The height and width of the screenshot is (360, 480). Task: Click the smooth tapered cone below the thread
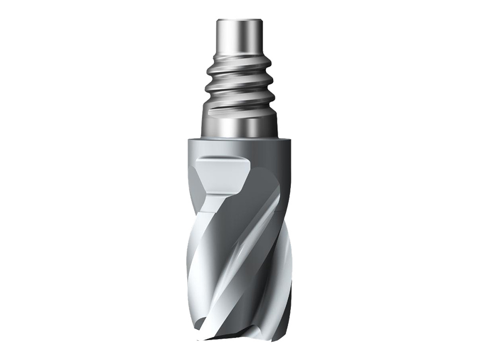[x=240, y=126]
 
